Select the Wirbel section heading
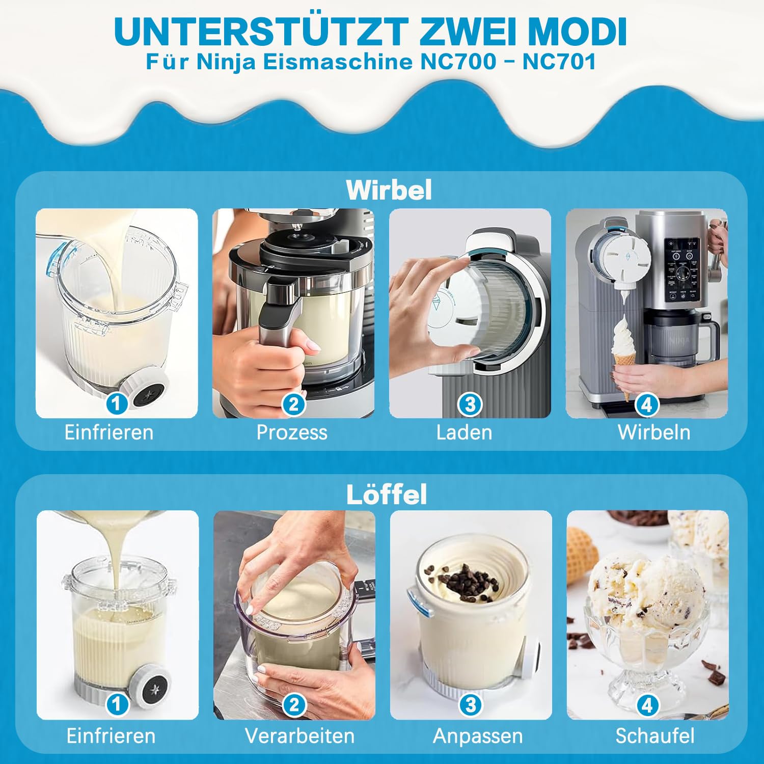389,190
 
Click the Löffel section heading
387,495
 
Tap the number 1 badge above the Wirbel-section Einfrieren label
117,404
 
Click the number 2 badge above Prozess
293,404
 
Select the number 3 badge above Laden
470,404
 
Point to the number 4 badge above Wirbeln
647,404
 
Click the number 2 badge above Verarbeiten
294,705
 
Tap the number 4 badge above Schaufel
647,705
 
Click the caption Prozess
292,432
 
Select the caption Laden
464,432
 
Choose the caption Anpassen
478,736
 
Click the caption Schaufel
655,736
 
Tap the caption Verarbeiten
299,736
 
